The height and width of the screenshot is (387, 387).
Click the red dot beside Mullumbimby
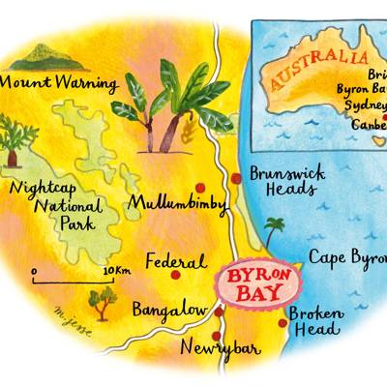200,187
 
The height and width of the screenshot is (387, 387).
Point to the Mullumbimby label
175,205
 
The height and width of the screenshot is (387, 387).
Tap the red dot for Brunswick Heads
235,177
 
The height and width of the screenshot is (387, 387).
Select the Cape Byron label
346,257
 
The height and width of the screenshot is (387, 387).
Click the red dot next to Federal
175,274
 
